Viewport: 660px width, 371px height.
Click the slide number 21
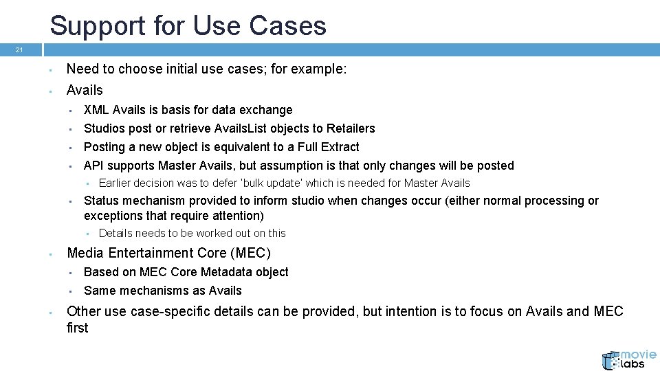pos(20,50)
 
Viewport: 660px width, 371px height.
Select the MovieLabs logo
pos(628,359)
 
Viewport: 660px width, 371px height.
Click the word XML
pos(96,110)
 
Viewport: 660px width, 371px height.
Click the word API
pos(94,166)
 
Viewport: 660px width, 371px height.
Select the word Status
pos(102,201)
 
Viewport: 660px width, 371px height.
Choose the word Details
pos(116,234)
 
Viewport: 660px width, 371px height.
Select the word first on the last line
pos(78,328)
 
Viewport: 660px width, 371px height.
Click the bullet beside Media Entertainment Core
pos(52,254)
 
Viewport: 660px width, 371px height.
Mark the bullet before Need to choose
pos(52,70)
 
